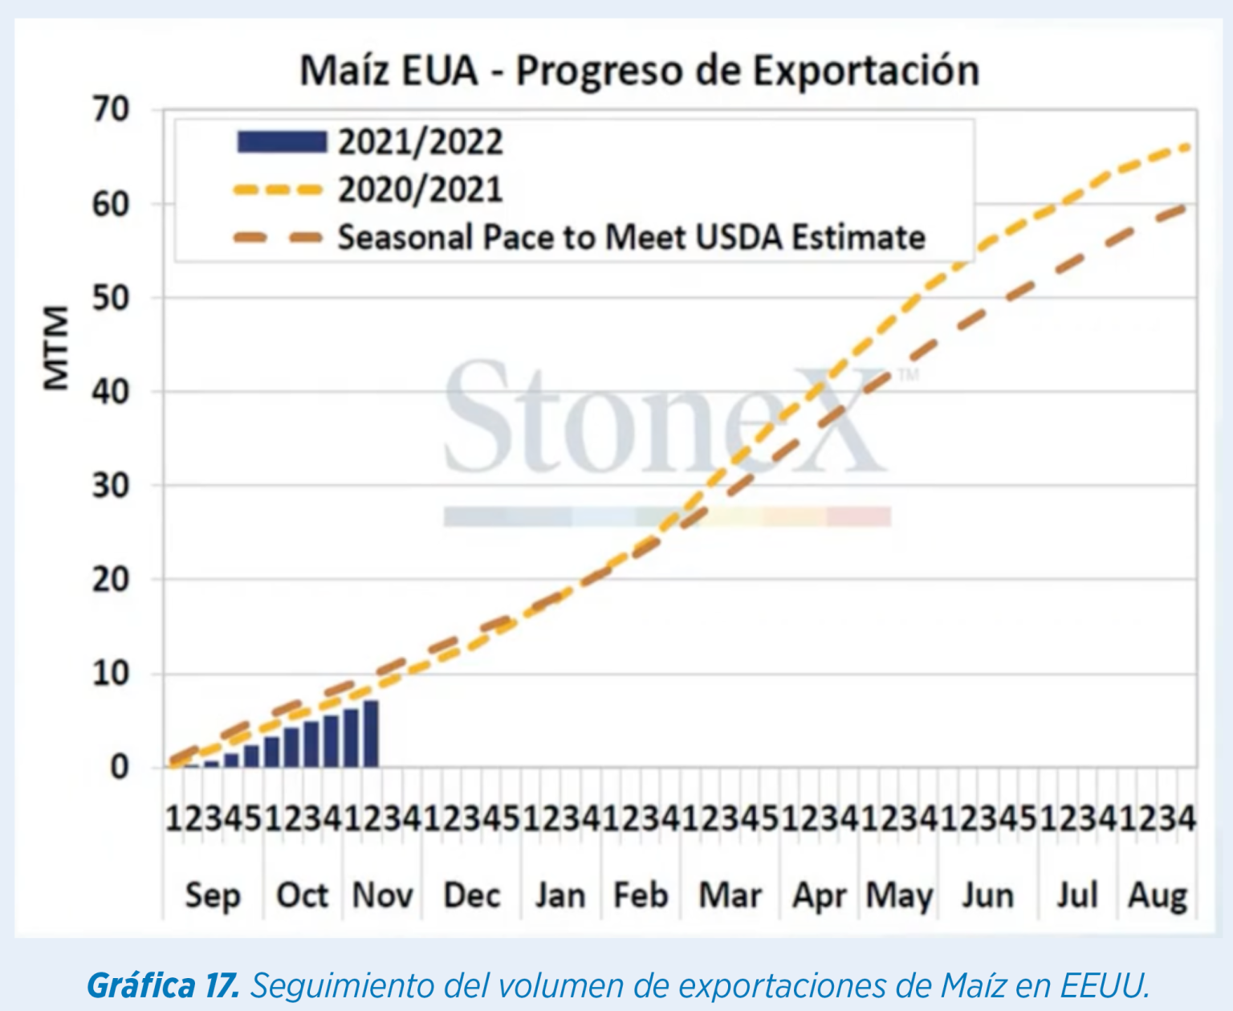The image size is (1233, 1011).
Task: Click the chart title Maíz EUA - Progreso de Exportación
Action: [639, 71]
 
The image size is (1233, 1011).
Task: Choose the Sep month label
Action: [213, 895]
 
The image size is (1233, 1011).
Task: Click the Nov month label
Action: [382, 895]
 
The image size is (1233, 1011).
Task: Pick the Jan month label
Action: [560, 895]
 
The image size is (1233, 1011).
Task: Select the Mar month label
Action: [730, 895]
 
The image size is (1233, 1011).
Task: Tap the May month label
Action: [899, 895]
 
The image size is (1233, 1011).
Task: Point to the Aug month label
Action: [1157, 895]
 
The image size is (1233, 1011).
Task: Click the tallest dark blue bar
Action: [371, 734]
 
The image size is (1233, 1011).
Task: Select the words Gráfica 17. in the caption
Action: [163, 985]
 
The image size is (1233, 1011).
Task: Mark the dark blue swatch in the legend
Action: [282, 142]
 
